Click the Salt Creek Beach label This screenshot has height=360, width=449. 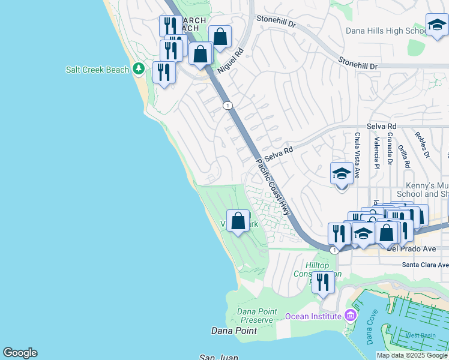coord(97,70)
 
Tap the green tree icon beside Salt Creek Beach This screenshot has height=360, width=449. coord(139,70)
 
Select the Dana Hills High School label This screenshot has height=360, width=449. coord(387,31)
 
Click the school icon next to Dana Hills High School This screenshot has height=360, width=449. coord(436,26)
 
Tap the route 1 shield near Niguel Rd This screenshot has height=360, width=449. coord(228,106)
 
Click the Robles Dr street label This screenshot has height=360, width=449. coord(423,145)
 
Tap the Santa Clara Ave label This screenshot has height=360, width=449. coord(425,265)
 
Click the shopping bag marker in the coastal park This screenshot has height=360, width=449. coord(238,221)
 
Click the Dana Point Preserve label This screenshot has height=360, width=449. coord(256,316)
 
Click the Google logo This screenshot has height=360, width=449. coord(20,353)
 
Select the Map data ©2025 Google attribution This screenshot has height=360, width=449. coord(412,355)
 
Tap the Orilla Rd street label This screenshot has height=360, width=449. coord(406,156)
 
